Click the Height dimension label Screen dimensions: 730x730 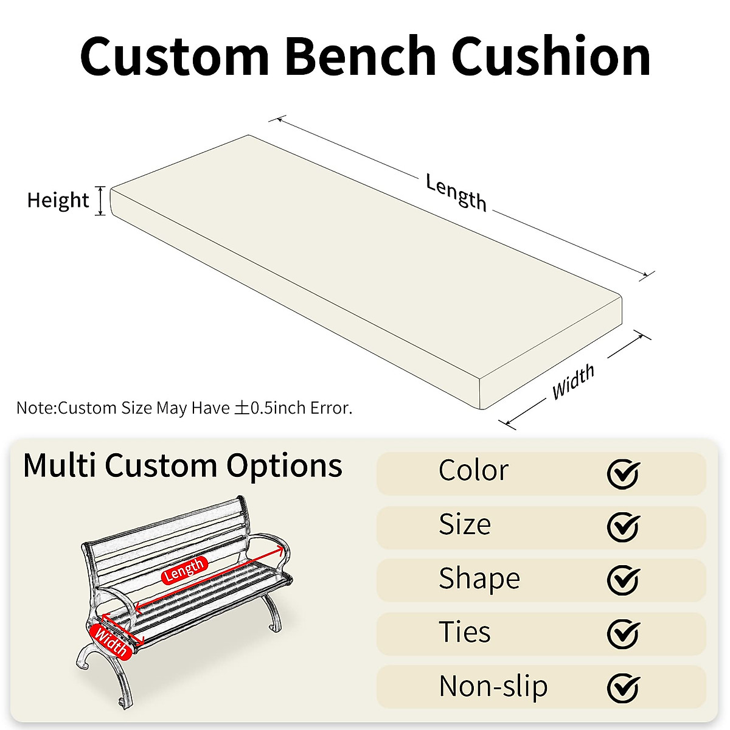click(x=58, y=200)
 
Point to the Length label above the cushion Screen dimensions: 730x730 click(x=456, y=192)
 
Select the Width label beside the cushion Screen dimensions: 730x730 click(x=573, y=383)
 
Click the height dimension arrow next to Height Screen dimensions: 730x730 click(x=101, y=201)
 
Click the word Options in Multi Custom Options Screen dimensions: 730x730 click(x=284, y=466)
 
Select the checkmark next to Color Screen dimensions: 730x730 click(x=623, y=473)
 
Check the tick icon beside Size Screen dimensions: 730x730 click(x=623, y=527)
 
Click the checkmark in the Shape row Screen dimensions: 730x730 click(x=623, y=580)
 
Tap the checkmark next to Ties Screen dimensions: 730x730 click(x=623, y=634)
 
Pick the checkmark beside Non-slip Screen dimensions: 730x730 click(x=623, y=687)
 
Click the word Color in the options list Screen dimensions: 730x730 click(x=473, y=471)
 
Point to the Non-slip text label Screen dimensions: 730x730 click(x=493, y=686)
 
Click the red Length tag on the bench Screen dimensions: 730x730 click(x=184, y=570)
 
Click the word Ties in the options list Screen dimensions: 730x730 click(x=465, y=632)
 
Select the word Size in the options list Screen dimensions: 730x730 click(x=465, y=524)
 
